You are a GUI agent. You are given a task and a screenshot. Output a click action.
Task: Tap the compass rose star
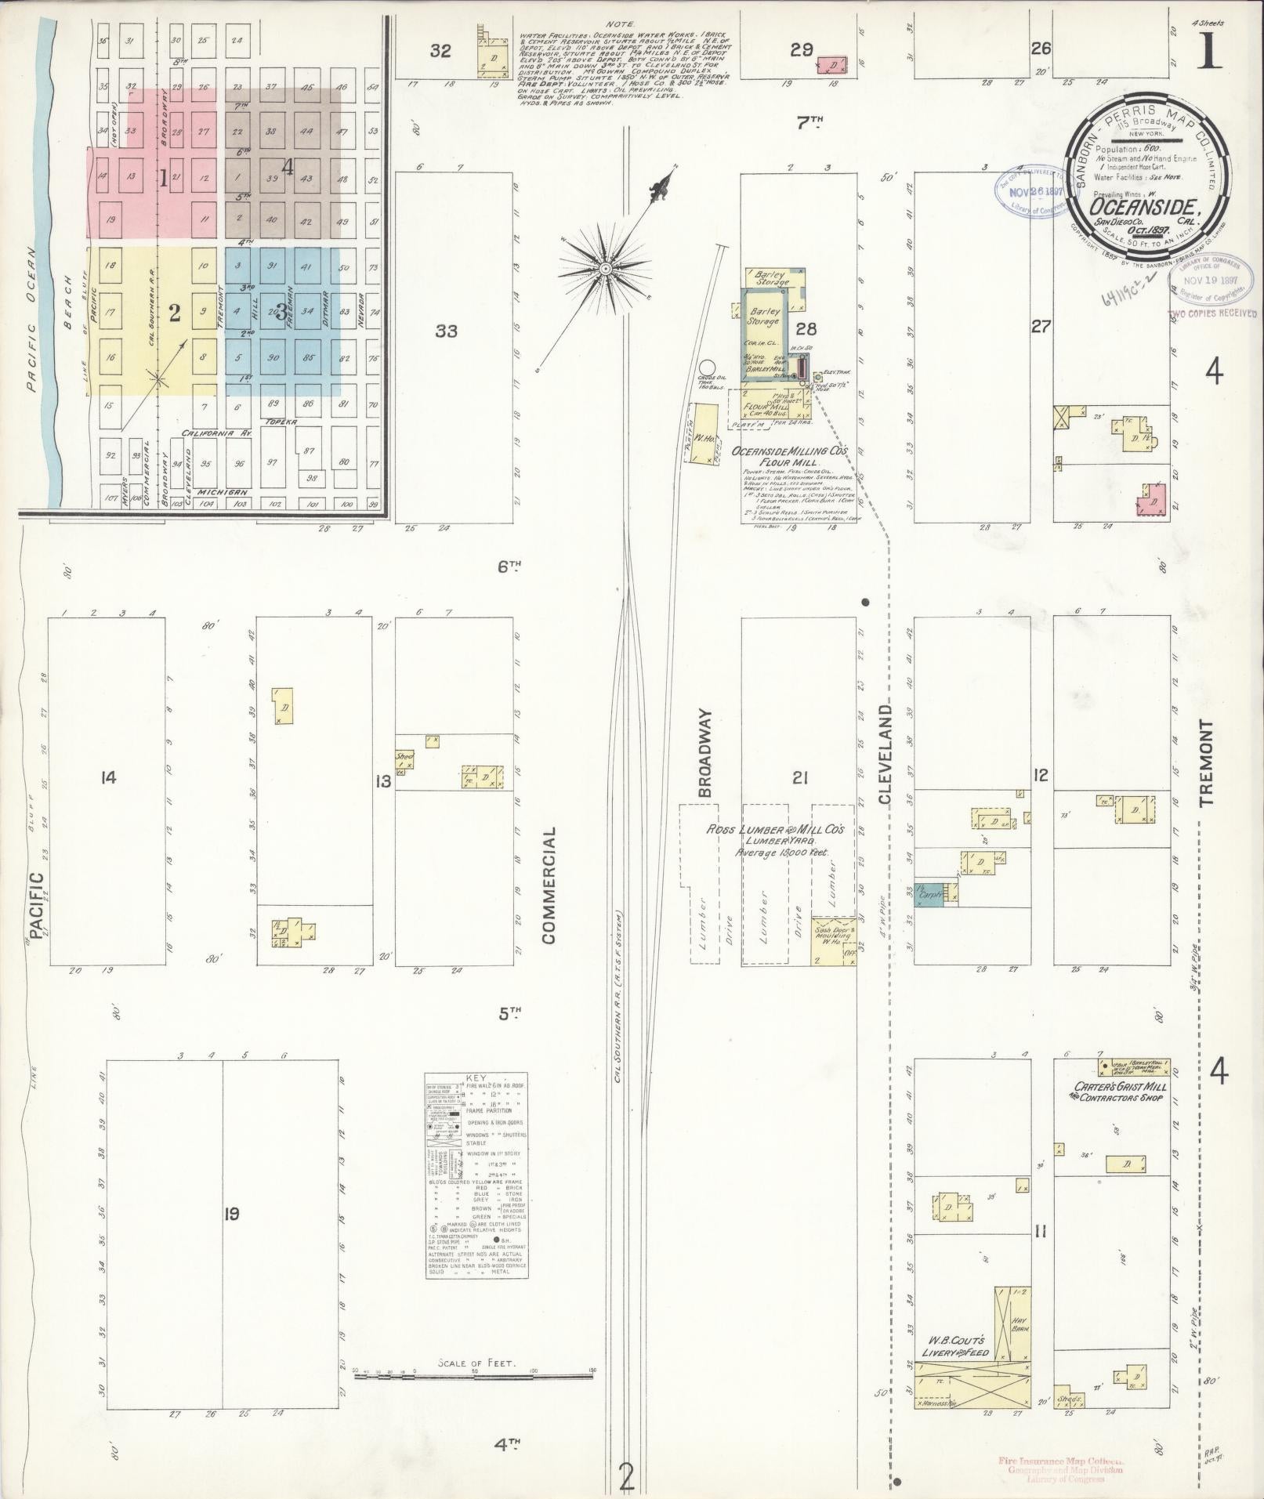coord(606,269)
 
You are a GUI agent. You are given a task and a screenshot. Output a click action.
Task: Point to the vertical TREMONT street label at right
coord(1205,763)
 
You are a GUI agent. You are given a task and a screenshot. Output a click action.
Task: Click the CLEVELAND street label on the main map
coord(886,754)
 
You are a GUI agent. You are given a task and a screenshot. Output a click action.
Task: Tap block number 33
coord(446,331)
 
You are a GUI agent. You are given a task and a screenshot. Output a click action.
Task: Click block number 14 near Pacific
coord(108,778)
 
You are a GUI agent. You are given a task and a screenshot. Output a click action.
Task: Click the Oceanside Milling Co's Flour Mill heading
coord(793,457)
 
